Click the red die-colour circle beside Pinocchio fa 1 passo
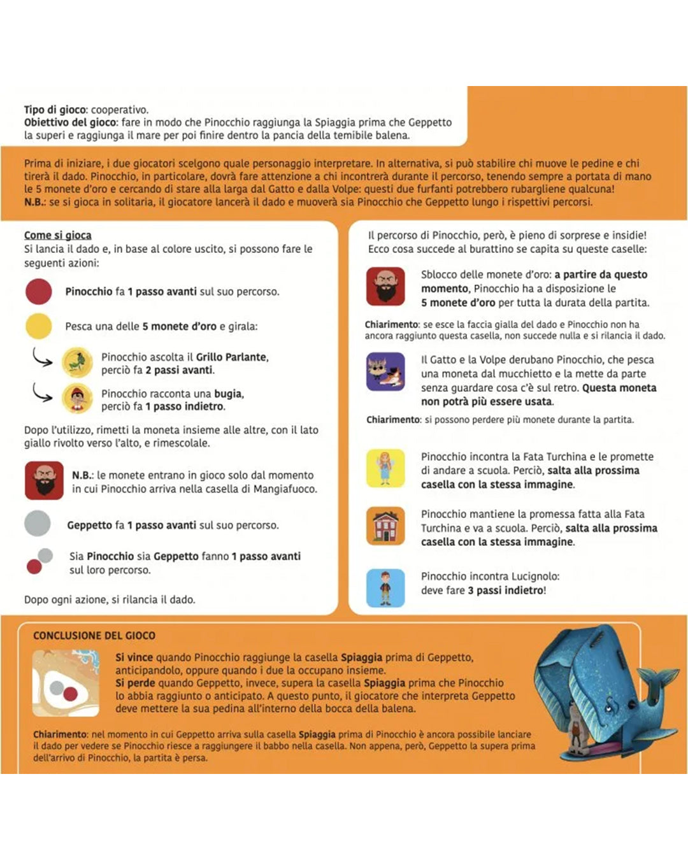[38, 291]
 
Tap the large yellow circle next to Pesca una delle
[38, 326]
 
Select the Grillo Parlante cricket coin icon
[78, 362]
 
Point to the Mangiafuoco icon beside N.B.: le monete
[44, 480]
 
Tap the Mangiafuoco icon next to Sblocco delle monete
[385, 287]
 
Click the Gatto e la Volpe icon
[385, 371]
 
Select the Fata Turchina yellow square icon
[385, 468]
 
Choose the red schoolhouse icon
[385, 526]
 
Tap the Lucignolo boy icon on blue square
[385, 587]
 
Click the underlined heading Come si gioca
[57, 235]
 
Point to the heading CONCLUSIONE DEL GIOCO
[94, 635]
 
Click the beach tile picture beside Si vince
[66, 683]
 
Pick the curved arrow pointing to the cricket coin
[42, 358]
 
